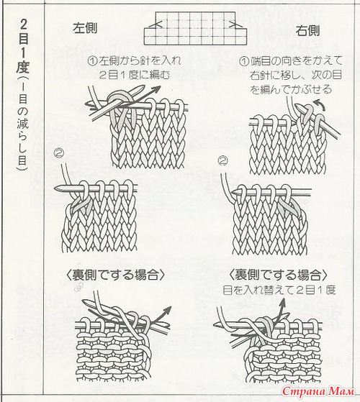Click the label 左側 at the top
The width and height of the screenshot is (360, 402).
tap(85, 28)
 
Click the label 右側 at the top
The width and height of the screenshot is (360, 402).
tap(307, 31)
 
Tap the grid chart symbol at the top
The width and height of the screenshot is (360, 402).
tap(195, 28)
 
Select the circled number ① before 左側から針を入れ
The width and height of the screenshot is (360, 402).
tap(93, 61)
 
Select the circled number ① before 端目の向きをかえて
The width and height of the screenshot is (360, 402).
tap(244, 61)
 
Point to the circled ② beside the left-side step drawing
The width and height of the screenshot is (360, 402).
tap(59, 153)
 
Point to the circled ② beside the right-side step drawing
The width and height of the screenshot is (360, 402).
tap(222, 161)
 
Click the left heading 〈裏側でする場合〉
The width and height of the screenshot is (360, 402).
tap(115, 275)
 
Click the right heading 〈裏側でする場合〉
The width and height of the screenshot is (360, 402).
tap(278, 275)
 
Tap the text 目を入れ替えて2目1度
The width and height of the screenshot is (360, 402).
tap(279, 291)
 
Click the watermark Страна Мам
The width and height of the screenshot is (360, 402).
tap(319, 391)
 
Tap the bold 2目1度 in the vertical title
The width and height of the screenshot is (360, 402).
tap(23, 45)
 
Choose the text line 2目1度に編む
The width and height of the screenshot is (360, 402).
tap(135, 75)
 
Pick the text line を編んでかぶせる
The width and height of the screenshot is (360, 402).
tap(291, 89)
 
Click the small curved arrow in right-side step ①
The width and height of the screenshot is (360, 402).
tap(320, 104)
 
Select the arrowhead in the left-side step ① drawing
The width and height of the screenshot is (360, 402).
tap(156, 90)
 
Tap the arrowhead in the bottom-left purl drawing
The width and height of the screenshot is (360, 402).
tap(167, 310)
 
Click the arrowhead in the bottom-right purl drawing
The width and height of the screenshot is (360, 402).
tap(282, 303)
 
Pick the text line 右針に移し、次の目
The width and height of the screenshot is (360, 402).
tap(296, 76)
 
